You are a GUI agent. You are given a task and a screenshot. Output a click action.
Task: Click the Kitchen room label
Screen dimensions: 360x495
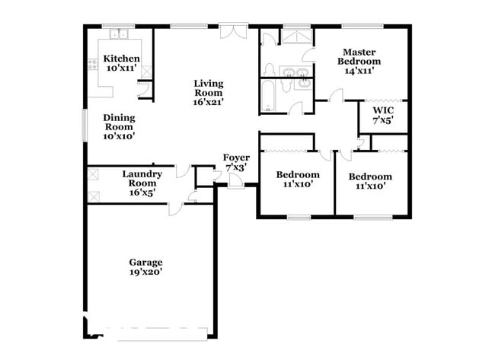122,59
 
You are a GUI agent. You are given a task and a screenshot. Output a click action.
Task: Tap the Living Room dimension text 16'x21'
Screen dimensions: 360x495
208,100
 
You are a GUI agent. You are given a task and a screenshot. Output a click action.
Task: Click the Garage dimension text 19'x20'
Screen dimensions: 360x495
145,271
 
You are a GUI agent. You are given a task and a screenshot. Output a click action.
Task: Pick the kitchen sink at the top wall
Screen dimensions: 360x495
118,34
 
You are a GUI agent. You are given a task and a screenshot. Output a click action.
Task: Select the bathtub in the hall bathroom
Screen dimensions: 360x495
268,97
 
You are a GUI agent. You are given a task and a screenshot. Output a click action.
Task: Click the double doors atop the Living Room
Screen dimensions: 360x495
232,30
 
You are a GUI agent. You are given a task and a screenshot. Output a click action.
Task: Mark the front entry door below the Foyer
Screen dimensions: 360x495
236,183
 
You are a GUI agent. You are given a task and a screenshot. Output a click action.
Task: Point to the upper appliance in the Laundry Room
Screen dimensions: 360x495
94,174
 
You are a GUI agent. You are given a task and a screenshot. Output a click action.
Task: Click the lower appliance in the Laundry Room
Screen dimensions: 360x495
94,196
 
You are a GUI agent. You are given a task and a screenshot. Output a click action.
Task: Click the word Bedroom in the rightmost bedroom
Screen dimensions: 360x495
371,176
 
